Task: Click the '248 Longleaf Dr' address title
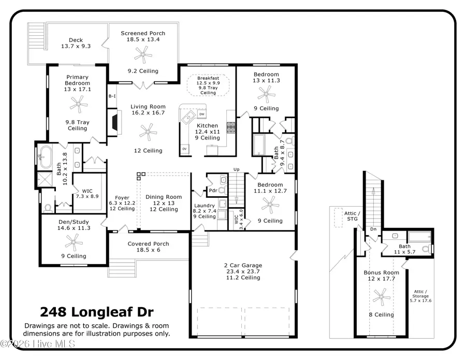[97, 312]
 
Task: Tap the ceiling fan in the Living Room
[149, 132]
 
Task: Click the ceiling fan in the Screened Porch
[141, 54]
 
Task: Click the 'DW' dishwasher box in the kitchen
[202, 113]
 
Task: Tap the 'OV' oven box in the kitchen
[184, 149]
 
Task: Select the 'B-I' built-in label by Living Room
[111, 96]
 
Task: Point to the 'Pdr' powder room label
[212, 191]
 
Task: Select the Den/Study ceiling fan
[74, 241]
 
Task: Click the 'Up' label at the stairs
[237, 169]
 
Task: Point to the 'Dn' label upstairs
[373, 228]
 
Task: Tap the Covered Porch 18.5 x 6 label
[148, 247]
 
